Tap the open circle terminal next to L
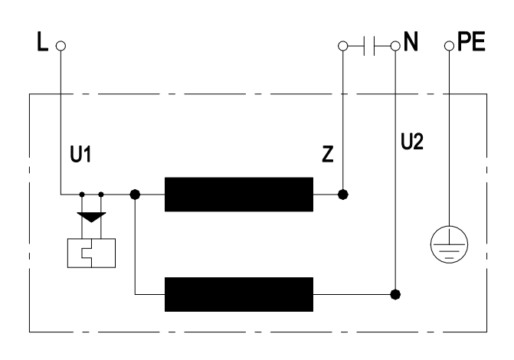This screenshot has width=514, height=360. click(61, 45)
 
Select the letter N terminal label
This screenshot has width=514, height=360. click(411, 43)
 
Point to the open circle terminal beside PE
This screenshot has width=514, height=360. click(449, 45)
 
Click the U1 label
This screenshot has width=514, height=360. click(77, 154)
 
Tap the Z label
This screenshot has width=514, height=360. click(327, 154)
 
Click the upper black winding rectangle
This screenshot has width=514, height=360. click(239, 194)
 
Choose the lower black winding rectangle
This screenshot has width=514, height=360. click(239, 293)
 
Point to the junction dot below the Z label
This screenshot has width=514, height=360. click(343, 194)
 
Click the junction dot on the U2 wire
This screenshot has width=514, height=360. click(395, 293)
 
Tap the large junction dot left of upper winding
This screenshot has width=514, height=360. click(136, 194)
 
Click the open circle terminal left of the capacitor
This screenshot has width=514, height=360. click(343, 45)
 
